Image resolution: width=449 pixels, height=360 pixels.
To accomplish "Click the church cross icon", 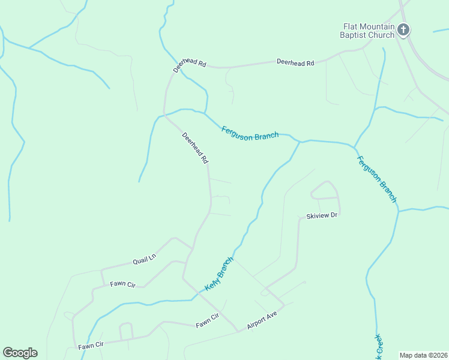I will [x=404, y=29].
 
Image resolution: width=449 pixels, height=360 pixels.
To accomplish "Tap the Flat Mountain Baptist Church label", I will [x=369, y=31].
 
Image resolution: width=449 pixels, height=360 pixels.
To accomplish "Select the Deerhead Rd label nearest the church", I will [x=295, y=62].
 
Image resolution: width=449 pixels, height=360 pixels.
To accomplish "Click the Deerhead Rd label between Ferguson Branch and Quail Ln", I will [x=195, y=149].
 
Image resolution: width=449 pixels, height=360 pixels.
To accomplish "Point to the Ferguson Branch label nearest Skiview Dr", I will [x=377, y=179].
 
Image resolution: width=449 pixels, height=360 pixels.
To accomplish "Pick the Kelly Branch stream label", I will [x=218, y=274].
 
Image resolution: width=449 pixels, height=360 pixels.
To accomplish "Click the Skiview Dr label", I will [x=323, y=215].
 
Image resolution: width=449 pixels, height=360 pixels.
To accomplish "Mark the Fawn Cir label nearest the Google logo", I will [x=91, y=345].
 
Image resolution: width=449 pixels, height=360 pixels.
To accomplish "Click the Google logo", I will [x=20, y=353].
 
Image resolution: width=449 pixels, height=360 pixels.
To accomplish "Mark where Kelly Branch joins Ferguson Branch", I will [x=300, y=142].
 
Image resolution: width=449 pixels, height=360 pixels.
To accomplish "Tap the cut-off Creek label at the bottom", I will [x=379, y=348].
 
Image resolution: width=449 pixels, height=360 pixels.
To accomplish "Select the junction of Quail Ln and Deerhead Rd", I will [x=193, y=248].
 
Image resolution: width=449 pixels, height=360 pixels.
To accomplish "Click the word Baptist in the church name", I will [x=357, y=35].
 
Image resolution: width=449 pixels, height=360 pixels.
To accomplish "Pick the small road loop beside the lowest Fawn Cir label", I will [x=126, y=331].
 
